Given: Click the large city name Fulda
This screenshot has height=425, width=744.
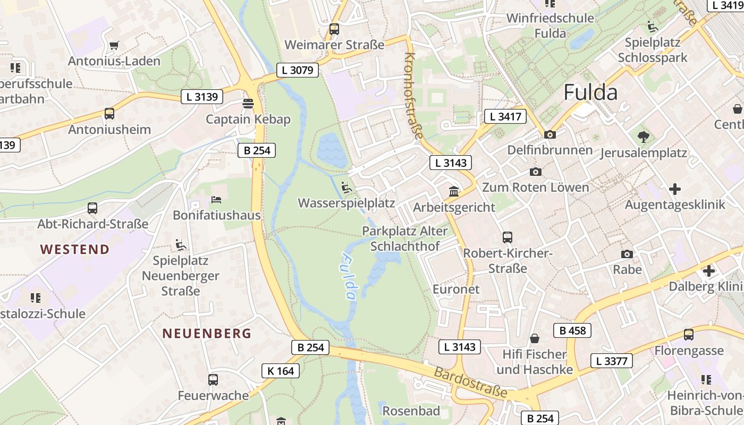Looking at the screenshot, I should pos(590,92).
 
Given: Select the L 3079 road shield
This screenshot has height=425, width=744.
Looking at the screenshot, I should pos(298,70).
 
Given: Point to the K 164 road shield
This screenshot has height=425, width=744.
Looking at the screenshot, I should pos(281,371).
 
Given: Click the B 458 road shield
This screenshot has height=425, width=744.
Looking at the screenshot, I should pos(572,330).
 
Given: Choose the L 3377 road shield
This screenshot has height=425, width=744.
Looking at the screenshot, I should pos(612,361).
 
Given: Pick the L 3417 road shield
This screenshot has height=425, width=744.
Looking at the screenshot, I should pos(505,117).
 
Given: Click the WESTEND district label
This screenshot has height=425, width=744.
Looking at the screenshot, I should pos(75,249).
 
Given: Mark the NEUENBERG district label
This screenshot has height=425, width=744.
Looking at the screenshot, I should pos(207,334).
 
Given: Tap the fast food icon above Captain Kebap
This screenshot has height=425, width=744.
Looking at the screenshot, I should pos(248,103).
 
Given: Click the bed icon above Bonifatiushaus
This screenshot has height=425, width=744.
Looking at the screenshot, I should pos(216,199).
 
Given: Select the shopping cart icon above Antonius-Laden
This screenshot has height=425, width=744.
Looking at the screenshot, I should pos(114,46).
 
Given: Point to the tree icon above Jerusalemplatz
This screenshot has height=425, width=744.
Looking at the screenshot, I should pos(644,137).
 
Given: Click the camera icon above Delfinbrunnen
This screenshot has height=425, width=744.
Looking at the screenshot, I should pos(549,134).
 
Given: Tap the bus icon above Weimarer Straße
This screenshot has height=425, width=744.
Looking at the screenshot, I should pos(334,29).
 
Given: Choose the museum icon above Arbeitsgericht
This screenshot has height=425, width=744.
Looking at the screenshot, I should pos(454,191).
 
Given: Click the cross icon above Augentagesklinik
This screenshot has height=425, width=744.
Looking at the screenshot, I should pos(675,189).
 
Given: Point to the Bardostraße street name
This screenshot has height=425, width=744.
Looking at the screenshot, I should pos(470,382).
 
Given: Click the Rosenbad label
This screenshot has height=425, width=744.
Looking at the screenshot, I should pos(411,411).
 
